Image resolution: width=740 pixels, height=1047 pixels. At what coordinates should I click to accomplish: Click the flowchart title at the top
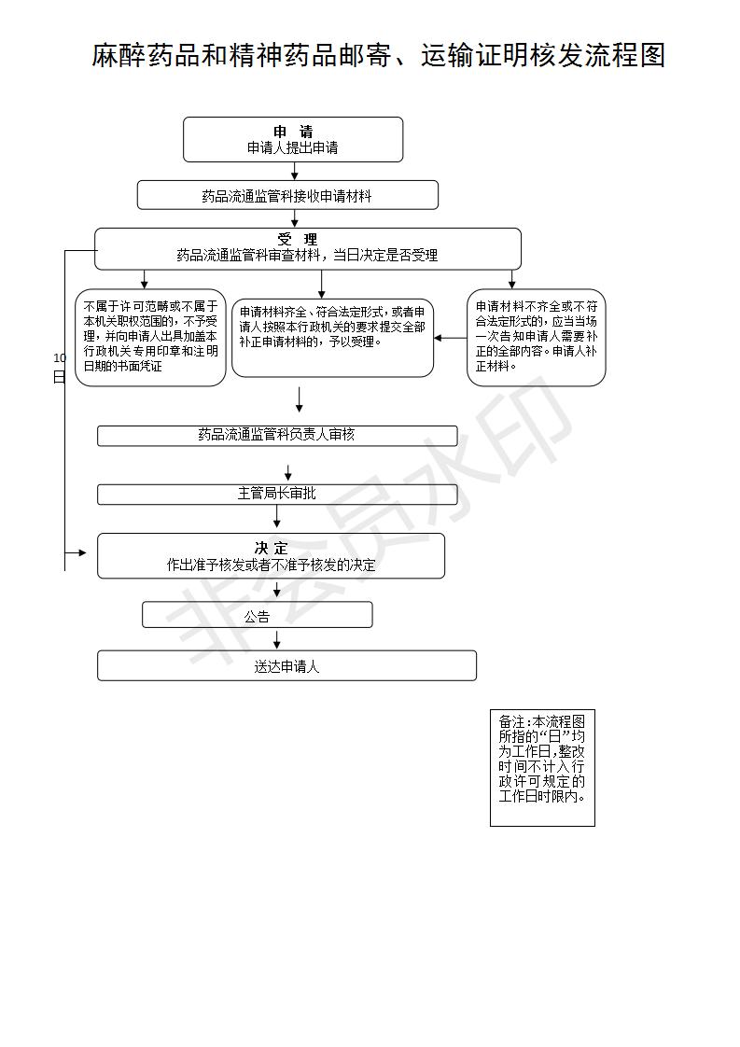378,55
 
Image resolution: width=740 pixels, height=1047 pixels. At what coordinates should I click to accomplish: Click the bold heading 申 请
293,132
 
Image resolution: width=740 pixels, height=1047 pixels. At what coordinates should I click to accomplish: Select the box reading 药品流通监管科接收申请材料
287,195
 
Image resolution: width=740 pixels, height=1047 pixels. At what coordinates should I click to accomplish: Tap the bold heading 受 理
298,239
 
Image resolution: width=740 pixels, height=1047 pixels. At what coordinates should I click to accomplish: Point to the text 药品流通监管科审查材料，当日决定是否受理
307,255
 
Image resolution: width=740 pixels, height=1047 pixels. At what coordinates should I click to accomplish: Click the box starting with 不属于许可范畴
150,337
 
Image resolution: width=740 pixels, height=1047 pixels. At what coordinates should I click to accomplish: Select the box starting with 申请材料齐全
332,338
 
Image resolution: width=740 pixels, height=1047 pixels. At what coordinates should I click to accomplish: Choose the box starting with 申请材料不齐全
537,337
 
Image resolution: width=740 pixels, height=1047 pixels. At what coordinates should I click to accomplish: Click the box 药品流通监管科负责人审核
277,436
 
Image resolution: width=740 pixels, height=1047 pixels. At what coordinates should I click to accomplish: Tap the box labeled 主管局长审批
277,495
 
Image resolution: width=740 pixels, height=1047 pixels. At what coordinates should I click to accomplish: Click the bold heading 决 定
272,548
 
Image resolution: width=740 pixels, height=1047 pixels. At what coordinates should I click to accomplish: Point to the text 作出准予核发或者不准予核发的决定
272,565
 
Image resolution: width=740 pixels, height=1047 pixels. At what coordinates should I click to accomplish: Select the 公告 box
258,615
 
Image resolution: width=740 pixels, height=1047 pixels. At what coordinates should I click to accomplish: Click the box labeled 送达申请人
286,665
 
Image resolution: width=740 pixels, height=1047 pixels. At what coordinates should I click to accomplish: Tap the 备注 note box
542,768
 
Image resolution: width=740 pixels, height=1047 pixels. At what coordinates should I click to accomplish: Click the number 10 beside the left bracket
60,358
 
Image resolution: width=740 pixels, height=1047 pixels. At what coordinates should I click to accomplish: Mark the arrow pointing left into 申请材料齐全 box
451,338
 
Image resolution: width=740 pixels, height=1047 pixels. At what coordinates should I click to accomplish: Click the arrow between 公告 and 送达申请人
277,639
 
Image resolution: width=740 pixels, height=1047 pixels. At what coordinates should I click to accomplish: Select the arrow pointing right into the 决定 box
76,552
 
